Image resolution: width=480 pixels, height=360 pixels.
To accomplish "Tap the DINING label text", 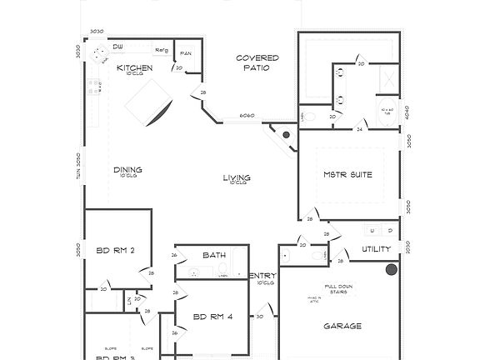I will (127, 170).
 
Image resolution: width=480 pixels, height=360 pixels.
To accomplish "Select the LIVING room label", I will (237, 177).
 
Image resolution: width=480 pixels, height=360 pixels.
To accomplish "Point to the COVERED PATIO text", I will (257, 62).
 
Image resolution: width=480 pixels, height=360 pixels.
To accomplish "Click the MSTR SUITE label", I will (347, 174).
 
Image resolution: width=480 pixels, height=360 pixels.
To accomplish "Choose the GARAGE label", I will (342, 326).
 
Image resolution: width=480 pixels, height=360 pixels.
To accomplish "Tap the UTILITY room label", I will (377, 249).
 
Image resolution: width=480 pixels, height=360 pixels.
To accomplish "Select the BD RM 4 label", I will (213, 317).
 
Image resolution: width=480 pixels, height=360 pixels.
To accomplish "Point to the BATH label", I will (214, 255).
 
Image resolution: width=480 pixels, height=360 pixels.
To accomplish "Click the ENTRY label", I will (263, 276).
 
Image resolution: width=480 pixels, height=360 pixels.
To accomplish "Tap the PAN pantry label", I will (186, 53).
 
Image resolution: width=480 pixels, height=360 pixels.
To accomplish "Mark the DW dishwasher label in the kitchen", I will (118, 47).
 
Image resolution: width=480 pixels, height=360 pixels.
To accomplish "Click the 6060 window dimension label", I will (247, 115).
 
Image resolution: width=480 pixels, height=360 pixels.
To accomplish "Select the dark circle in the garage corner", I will (391, 269).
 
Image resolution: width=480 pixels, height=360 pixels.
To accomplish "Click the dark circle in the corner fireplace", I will (286, 134).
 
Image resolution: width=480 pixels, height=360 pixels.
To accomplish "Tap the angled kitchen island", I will (150, 106).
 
